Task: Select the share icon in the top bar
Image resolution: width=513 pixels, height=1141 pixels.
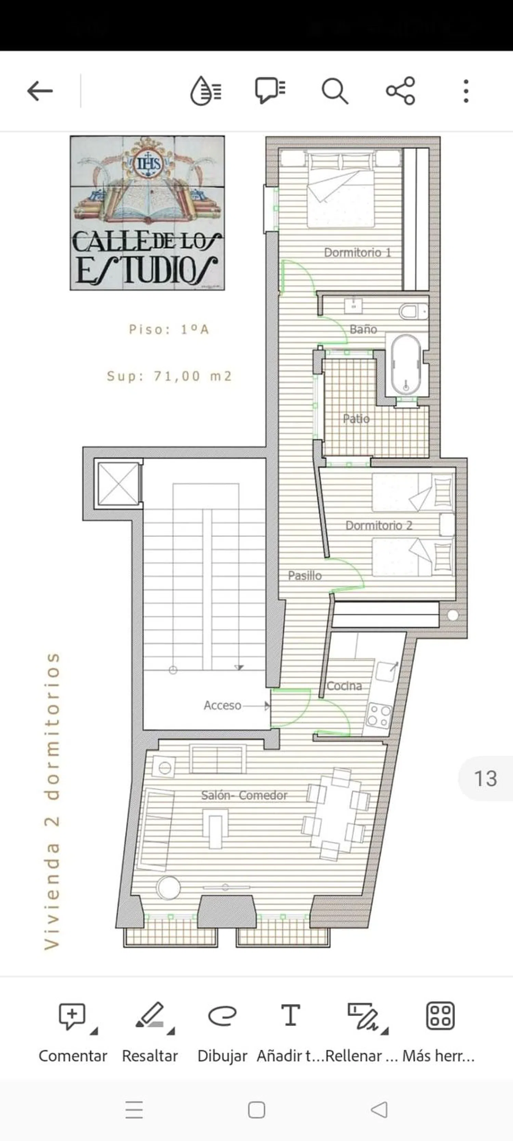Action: click(400, 91)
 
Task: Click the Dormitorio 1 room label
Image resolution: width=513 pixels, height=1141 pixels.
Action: click(358, 253)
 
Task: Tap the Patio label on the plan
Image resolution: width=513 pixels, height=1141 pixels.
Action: click(356, 419)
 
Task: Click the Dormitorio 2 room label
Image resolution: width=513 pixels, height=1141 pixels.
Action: click(379, 525)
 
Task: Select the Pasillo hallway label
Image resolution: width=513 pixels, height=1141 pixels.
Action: click(304, 575)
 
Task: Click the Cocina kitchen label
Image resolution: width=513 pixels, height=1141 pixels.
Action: click(344, 686)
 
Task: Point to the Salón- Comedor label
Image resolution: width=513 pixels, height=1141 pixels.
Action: click(244, 795)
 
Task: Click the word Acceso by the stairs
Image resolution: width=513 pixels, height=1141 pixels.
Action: click(222, 705)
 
